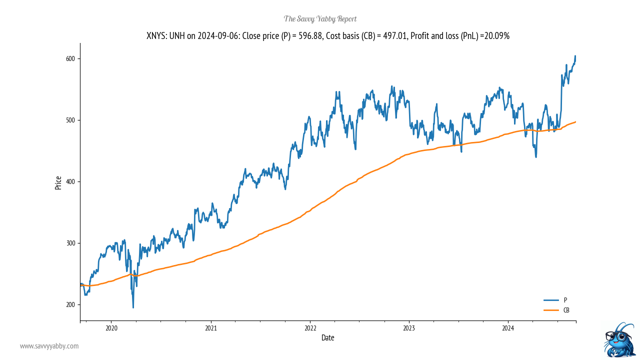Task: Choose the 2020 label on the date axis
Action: click(111, 328)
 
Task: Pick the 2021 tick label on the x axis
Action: click(210, 328)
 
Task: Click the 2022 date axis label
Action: click(310, 328)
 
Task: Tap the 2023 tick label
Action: click(409, 328)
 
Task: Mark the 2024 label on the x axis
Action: click(508, 328)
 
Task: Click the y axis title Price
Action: click(58, 182)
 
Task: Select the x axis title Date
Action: click(327, 338)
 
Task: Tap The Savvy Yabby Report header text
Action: click(320, 19)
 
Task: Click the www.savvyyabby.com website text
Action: click(49, 346)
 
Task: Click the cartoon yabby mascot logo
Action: click(619, 339)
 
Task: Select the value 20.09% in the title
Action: click(497, 36)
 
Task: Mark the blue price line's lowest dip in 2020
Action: click(133, 307)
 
